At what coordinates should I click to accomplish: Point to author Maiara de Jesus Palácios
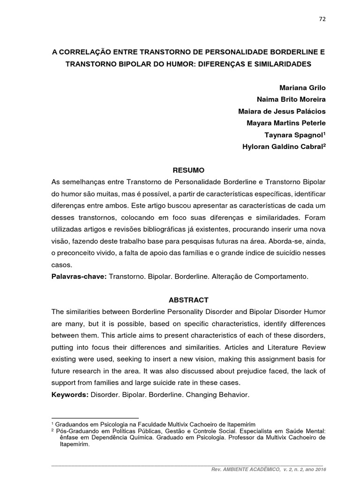point(282,111)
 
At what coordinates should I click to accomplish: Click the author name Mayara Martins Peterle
point(286,123)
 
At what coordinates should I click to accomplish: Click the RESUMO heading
point(187,169)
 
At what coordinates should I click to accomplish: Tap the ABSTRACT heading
point(187,300)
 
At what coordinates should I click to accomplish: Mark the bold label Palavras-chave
point(78,277)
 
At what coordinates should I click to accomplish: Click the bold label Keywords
point(70,395)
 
